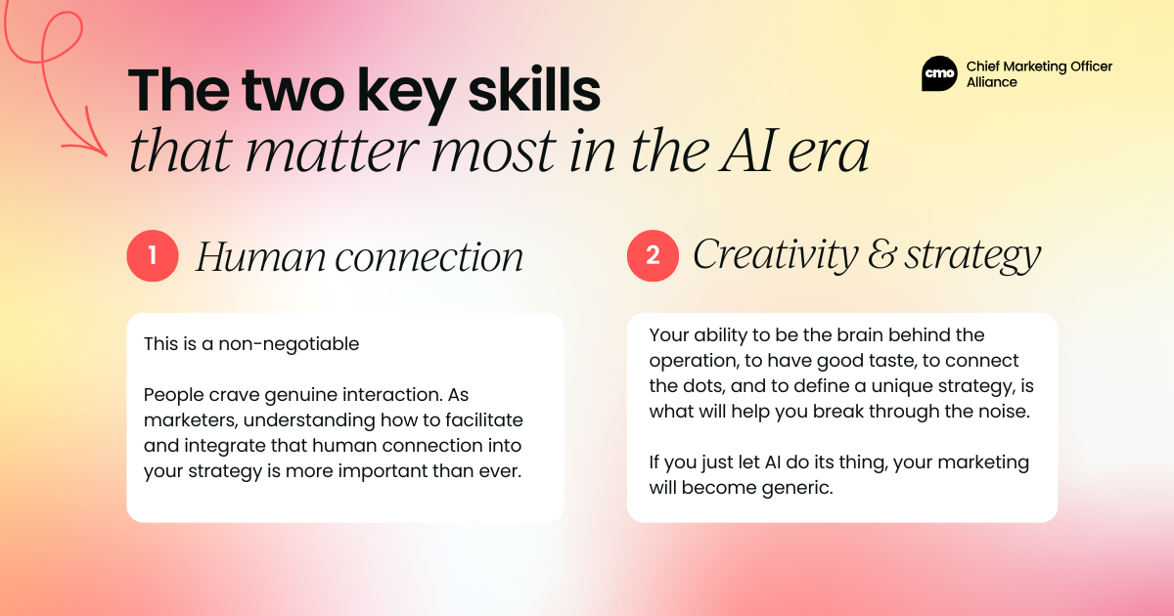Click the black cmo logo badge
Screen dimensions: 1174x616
(x=939, y=73)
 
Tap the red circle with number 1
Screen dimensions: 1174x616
(x=153, y=255)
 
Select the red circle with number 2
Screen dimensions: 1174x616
(x=653, y=255)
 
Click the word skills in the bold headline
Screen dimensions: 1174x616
(x=534, y=91)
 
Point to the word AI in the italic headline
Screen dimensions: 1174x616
(x=746, y=151)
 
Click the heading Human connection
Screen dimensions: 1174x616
(x=360, y=256)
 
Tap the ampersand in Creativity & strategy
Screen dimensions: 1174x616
(x=881, y=254)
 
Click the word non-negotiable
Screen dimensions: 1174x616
(x=289, y=343)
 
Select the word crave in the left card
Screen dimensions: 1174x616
(x=234, y=394)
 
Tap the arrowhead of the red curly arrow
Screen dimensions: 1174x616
(x=94, y=141)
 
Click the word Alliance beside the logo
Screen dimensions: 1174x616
(x=992, y=82)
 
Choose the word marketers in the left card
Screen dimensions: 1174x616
(x=191, y=420)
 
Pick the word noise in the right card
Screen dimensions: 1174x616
(x=1006, y=412)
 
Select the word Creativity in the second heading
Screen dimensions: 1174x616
(x=776, y=255)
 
